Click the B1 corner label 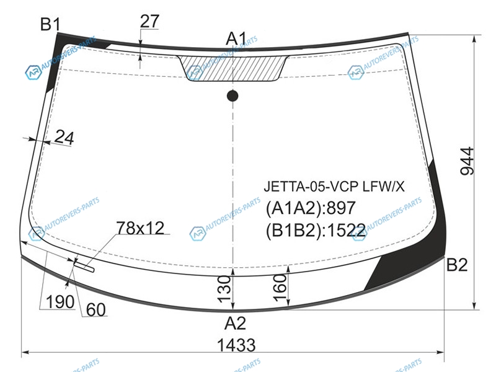50,24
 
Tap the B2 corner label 456,265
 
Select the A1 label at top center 236,39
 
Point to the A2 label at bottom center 235,323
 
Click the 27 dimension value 149,22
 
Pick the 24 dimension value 64,138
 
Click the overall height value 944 467,161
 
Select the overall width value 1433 236,345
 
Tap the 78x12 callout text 141,228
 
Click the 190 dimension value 60,301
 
